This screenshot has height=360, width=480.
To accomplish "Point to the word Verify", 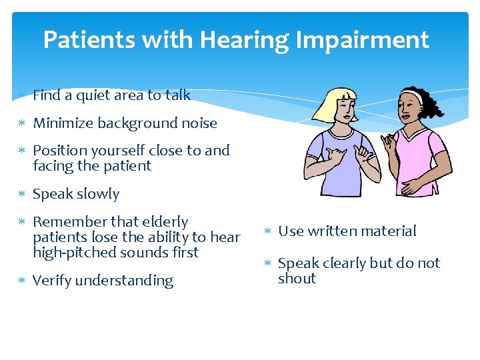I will [x=51, y=281].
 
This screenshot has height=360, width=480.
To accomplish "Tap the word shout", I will [x=297, y=279].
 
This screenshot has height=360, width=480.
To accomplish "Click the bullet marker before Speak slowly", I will [x=23, y=195].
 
